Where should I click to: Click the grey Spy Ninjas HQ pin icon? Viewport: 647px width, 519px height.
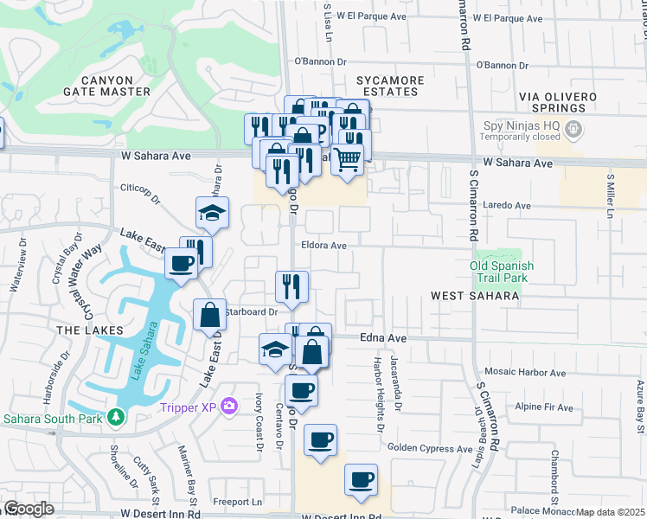click(572, 130)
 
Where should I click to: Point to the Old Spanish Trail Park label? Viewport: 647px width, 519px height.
click(502, 272)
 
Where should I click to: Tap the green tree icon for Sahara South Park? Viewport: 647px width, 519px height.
click(115, 418)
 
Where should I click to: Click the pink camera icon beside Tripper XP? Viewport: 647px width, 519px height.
click(229, 405)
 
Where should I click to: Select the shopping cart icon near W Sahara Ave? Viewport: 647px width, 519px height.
click(347, 159)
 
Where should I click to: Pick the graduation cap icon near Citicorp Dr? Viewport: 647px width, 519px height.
click(212, 213)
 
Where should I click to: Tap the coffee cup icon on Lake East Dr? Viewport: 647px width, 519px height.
click(181, 262)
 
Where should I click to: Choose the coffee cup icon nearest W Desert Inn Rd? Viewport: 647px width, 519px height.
click(361, 478)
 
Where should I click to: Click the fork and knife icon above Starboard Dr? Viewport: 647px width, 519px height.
click(291, 286)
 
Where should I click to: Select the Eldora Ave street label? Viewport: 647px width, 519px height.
click(323, 246)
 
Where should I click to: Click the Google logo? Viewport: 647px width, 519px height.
click(29, 509)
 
